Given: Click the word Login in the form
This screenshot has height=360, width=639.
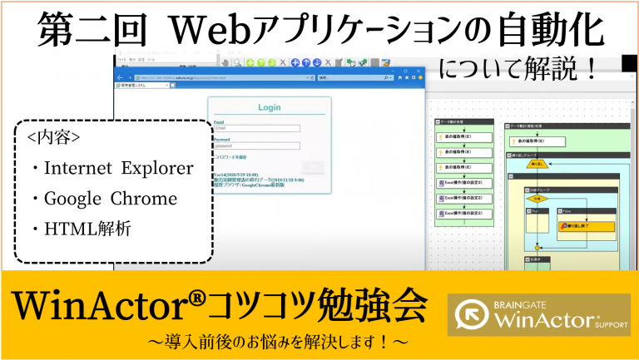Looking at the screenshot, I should (x=270, y=107).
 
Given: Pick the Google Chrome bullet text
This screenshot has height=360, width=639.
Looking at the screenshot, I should (x=109, y=199).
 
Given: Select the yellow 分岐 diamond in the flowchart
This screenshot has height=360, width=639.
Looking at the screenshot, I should (x=537, y=200).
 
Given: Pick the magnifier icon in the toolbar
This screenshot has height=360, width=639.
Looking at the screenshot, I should (x=237, y=62).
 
